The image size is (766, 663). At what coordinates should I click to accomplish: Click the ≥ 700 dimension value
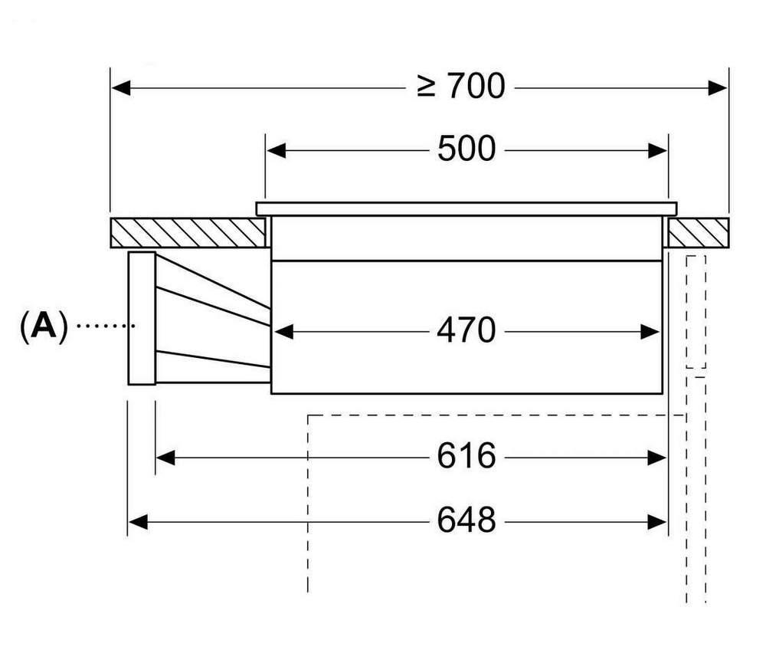pyautogui.click(x=461, y=87)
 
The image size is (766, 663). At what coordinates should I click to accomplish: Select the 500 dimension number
pyautogui.click(x=466, y=149)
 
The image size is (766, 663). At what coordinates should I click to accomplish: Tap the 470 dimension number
pyautogui.click(x=466, y=331)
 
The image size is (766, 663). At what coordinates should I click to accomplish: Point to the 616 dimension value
pyautogui.click(x=466, y=458)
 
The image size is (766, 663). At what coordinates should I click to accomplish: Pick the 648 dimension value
pyautogui.click(x=466, y=522)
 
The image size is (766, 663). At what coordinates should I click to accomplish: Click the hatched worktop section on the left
pyautogui.click(x=188, y=233)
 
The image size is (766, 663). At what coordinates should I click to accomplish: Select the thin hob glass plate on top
pyautogui.click(x=466, y=208)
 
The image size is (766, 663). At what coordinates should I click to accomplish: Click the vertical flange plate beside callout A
pyautogui.click(x=142, y=318)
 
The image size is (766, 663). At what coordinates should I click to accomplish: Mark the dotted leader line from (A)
pyautogui.click(x=105, y=327)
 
